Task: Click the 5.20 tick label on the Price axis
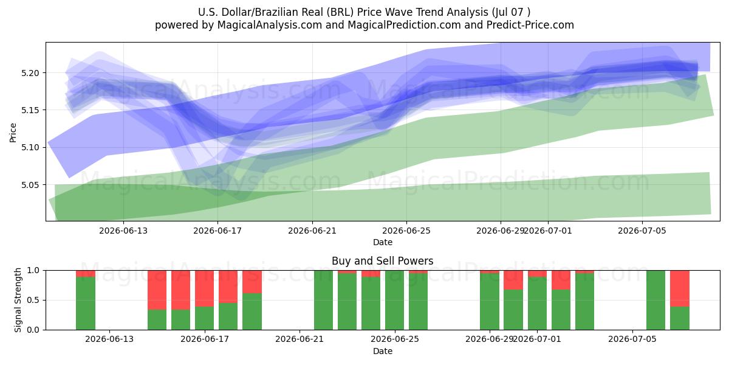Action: point(30,73)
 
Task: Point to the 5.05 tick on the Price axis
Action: point(30,185)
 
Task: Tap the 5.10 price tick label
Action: point(30,148)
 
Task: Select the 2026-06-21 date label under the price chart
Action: point(312,231)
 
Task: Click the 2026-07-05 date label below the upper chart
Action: point(642,231)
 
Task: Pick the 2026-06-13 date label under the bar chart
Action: point(109,339)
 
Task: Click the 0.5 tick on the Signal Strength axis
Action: point(33,300)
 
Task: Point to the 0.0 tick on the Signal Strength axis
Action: point(33,330)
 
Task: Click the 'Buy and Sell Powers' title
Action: point(382,261)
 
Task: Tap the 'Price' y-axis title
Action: point(13,133)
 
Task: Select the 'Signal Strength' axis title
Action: point(18,300)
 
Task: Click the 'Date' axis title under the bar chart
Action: point(382,351)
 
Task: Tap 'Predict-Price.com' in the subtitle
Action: point(530,25)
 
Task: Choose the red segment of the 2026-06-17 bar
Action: point(204,288)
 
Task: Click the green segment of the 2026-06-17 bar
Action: point(204,318)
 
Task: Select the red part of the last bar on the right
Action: point(680,288)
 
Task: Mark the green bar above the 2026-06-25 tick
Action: point(394,300)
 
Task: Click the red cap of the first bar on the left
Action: point(86,274)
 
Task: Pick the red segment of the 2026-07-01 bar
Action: point(537,274)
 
